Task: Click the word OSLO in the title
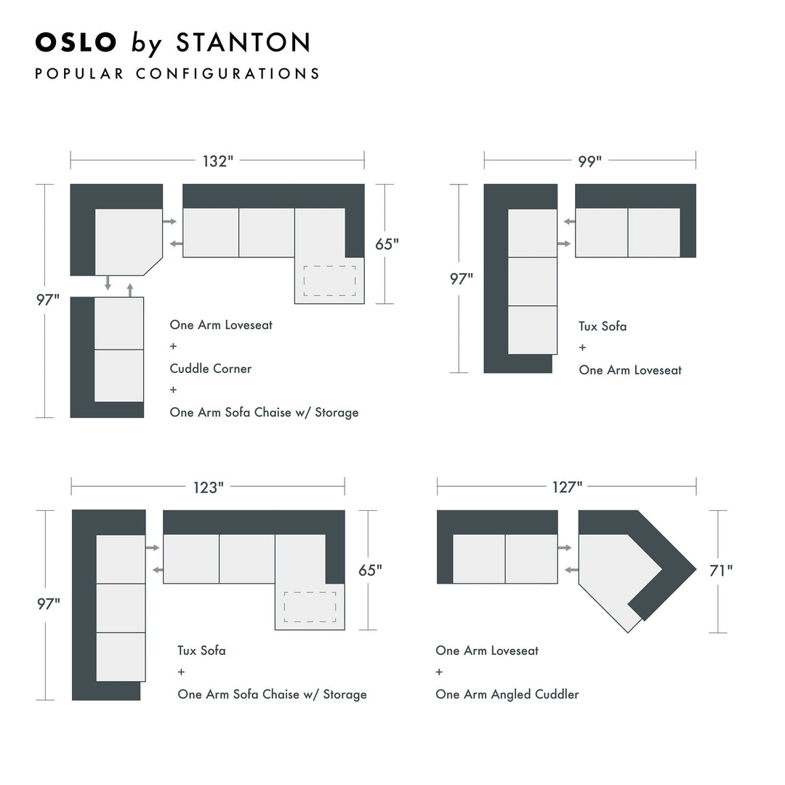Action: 76,42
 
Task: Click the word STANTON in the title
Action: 243,42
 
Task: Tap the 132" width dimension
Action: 216,161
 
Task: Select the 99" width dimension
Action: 589,161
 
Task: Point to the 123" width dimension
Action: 206,488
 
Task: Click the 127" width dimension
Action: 567,487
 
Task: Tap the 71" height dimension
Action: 720,571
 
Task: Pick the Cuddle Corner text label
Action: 211,369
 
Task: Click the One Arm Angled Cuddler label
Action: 507,694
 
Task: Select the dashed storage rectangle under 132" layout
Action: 329,281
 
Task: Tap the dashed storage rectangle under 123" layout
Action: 310,607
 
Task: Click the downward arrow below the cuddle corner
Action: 108,283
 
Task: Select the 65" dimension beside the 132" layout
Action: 387,244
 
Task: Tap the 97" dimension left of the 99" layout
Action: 461,278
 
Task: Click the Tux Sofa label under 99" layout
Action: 603,326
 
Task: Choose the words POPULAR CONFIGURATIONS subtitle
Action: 177,73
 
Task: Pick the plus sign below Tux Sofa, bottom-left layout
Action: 181,672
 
